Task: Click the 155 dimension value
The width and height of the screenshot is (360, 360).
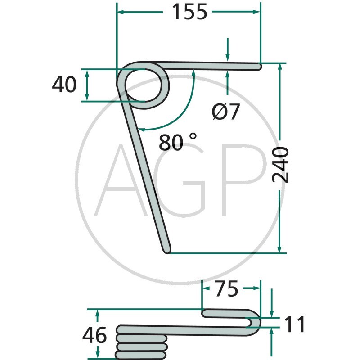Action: pos(189,12)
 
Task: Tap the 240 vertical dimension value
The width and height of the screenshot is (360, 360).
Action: pos(280,165)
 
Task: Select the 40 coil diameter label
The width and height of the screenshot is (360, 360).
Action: pos(64,85)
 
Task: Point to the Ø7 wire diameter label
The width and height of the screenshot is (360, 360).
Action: pos(226,112)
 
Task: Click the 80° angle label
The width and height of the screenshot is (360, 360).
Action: pos(178,142)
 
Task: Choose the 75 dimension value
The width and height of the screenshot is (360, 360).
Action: pos(226,288)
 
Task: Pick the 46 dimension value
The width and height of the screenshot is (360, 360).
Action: pos(94,335)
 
